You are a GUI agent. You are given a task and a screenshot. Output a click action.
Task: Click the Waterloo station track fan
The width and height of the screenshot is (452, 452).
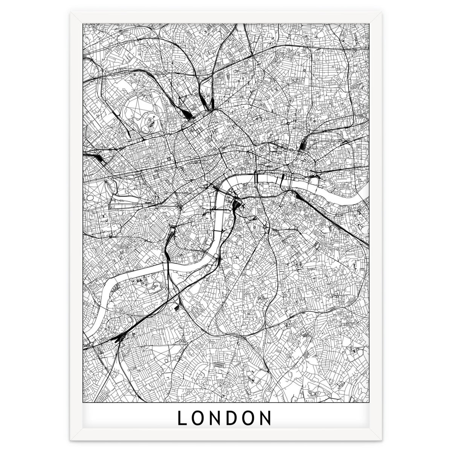pyautogui.click(x=238, y=205)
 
